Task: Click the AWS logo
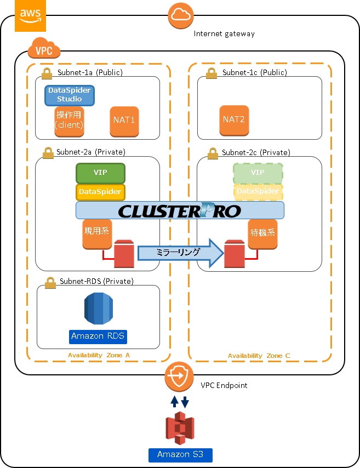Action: click(30, 16)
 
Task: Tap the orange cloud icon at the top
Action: click(181, 16)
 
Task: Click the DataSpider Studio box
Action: click(70, 95)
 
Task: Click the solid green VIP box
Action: click(100, 173)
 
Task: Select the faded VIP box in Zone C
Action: click(258, 173)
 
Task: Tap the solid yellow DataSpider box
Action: click(100, 192)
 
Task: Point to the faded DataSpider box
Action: click(258, 192)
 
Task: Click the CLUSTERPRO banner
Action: click(180, 210)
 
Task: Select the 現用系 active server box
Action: click(97, 233)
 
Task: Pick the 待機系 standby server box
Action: click(262, 233)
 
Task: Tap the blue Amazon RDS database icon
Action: click(99, 309)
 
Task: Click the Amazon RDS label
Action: click(101, 336)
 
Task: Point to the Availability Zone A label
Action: click(99, 355)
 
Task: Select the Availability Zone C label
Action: click(259, 356)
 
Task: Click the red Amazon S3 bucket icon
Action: click(180, 430)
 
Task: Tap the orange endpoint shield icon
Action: click(179, 377)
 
